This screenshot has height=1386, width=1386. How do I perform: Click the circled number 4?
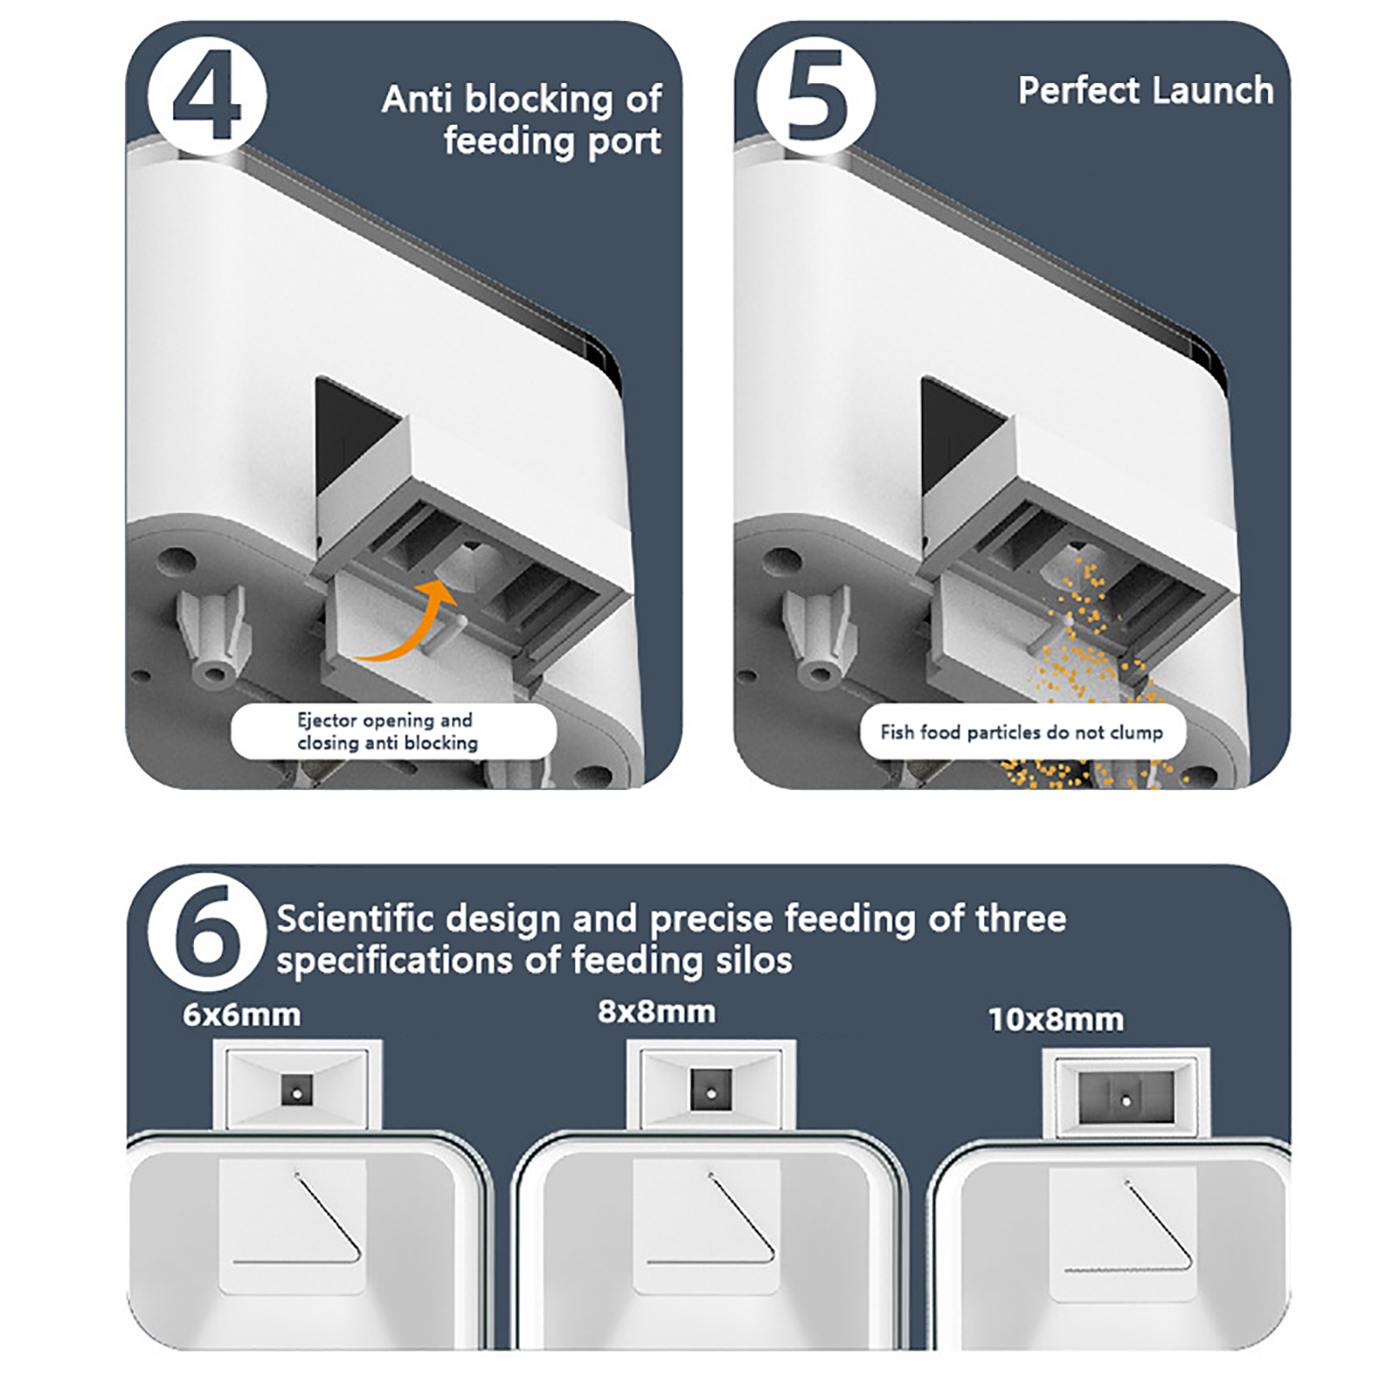(x=207, y=96)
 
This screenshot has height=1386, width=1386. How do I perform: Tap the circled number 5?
(x=816, y=96)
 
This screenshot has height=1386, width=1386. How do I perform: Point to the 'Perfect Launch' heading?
(x=1145, y=91)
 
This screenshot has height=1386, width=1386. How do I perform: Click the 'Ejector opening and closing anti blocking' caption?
(x=387, y=731)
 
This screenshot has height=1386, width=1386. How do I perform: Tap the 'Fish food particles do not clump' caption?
(x=1021, y=732)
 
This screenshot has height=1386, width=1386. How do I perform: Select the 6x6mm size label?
(x=242, y=1014)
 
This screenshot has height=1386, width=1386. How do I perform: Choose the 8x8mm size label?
(x=657, y=1012)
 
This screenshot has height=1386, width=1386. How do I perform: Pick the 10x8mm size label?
(x=1056, y=1020)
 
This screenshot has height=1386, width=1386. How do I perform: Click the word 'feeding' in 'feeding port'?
(x=510, y=141)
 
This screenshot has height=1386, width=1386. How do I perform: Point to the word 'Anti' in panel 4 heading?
(x=418, y=99)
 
